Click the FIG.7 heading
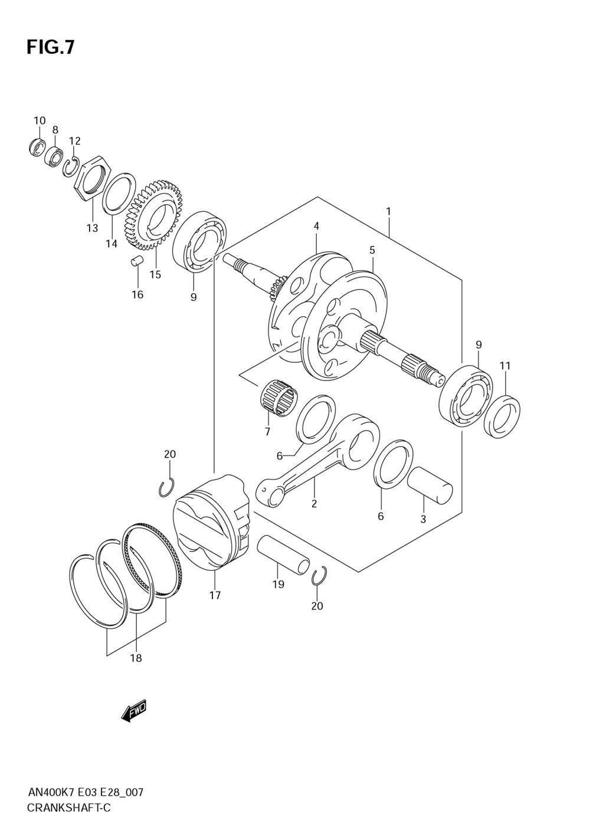[x=50, y=47]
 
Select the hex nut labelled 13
[x=91, y=179]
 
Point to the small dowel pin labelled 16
[x=136, y=261]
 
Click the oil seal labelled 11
[x=502, y=416]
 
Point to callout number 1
[x=388, y=212]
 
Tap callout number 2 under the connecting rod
[x=314, y=504]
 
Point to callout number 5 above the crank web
[x=372, y=250]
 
